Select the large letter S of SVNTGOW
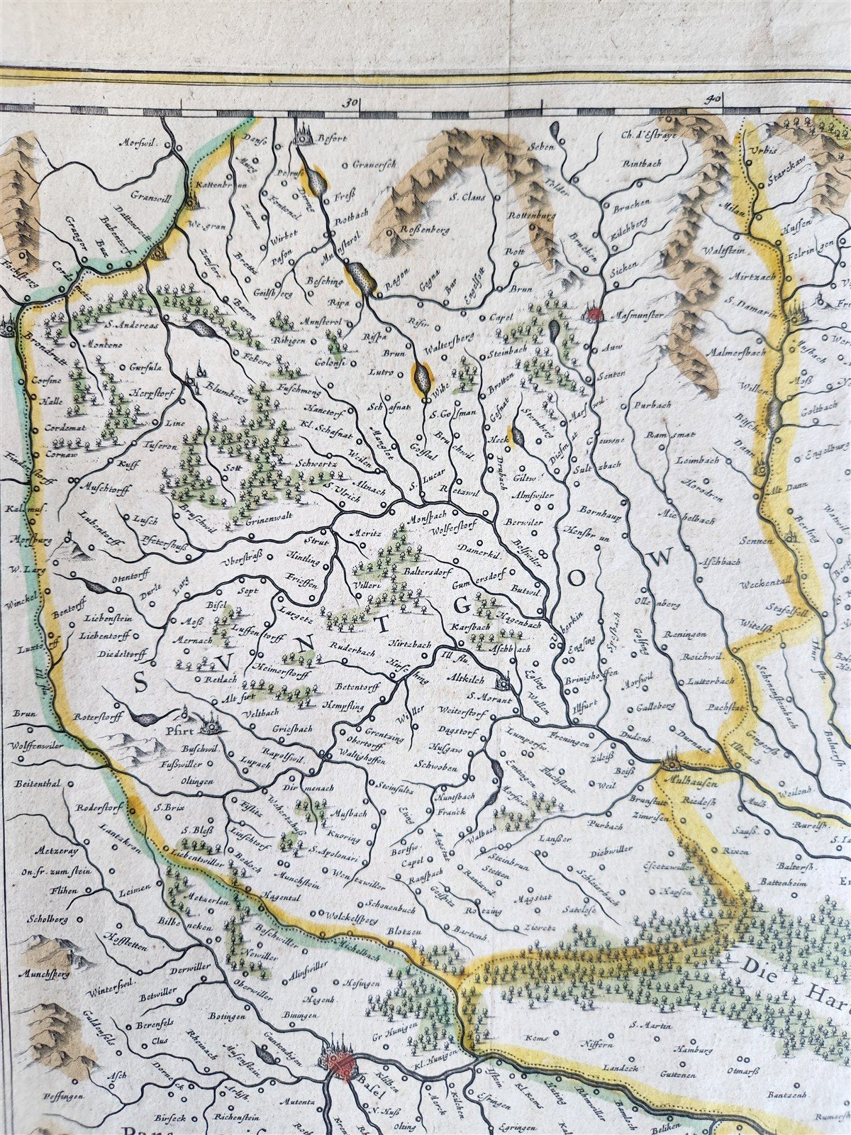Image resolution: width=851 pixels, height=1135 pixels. pos(141,683)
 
